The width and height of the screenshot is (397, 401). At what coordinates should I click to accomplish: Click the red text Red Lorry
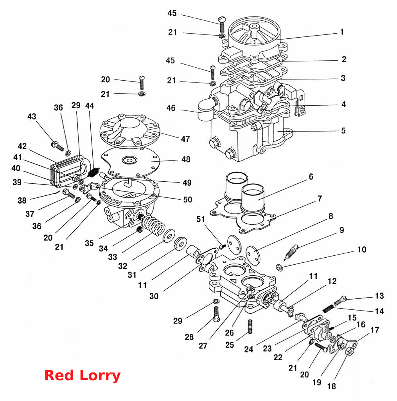tap(82, 375)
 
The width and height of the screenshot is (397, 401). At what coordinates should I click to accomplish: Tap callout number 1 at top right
tap(342, 32)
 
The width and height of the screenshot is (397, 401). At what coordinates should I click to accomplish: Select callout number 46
tap(171, 108)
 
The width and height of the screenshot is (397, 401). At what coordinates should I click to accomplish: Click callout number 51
tap(201, 219)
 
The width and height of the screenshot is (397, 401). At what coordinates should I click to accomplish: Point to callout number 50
tap(187, 199)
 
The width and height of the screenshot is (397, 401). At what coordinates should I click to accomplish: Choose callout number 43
tap(32, 117)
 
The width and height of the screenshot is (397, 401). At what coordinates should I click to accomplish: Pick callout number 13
tap(379, 296)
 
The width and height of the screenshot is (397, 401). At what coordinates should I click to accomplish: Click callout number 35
tap(89, 243)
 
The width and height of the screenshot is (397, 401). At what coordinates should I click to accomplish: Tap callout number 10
tap(362, 249)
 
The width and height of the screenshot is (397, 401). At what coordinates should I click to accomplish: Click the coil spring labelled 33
tap(154, 225)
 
